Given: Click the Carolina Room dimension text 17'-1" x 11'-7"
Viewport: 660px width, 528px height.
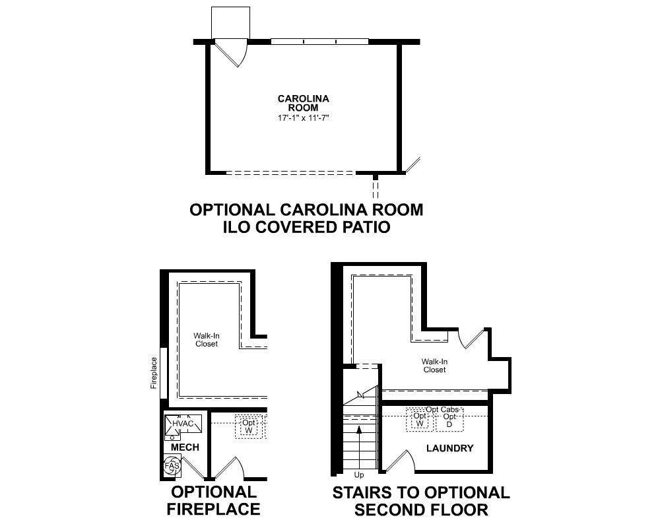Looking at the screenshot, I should click(x=303, y=118).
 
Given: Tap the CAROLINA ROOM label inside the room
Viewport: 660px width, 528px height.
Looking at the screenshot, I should click(x=303, y=103).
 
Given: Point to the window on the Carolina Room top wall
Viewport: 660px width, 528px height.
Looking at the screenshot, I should click(x=319, y=42).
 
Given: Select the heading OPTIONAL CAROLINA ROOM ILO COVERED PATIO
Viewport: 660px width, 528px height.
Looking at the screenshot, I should click(x=306, y=218).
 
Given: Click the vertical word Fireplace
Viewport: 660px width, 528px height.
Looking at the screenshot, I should click(x=154, y=373).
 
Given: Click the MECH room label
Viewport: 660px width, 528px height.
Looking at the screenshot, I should click(x=185, y=447).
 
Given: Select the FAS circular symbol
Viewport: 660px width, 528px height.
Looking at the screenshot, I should click(x=172, y=466).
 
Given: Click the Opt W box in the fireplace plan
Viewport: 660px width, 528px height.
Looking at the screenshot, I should click(x=249, y=426).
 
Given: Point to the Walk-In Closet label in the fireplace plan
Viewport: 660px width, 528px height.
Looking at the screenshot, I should click(x=207, y=340).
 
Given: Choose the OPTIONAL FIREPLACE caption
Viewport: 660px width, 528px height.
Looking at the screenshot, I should click(x=213, y=500).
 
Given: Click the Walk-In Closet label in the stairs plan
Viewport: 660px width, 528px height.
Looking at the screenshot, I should click(x=435, y=366).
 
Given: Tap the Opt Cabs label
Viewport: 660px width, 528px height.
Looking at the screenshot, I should click(x=442, y=410).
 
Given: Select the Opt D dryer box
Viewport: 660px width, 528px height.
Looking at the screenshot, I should click(x=449, y=420).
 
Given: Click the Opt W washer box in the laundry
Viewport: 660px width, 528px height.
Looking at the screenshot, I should click(x=419, y=420).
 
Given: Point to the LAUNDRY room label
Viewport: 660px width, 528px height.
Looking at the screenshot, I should click(x=449, y=449).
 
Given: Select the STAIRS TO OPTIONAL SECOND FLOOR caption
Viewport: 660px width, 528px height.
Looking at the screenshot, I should click(x=421, y=501).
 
